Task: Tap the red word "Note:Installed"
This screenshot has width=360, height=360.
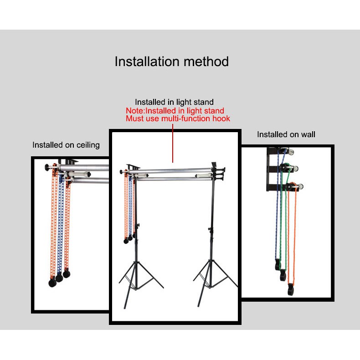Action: coord(152,111)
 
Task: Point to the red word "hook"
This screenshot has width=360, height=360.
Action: coord(220,118)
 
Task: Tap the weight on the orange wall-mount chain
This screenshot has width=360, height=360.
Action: coord(291,290)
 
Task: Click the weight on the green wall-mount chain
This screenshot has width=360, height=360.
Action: coord(283,275)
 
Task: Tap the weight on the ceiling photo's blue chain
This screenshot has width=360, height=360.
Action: coord(59,278)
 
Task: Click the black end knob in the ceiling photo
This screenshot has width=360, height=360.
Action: coord(47,167)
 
